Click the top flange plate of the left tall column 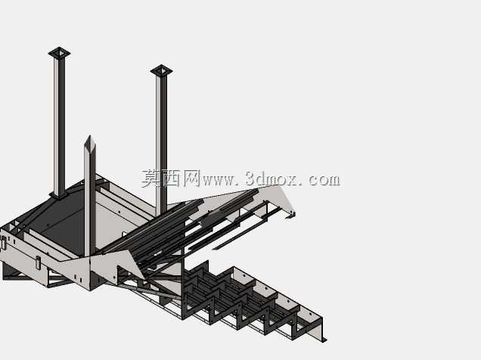[59, 53]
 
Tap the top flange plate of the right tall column [161, 71]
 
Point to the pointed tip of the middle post [89, 136]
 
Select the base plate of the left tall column [58, 195]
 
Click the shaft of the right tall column [161, 144]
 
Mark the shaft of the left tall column [59, 126]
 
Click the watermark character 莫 [151, 178]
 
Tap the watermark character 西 [171, 178]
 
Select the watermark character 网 [191, 178]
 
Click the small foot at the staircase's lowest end [323, 339]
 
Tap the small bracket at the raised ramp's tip [290, 216]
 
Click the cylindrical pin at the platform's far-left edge [3, 242]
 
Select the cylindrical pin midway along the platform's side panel [38, 262]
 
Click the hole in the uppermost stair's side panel [244, 275]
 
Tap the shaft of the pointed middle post [90, 200]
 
